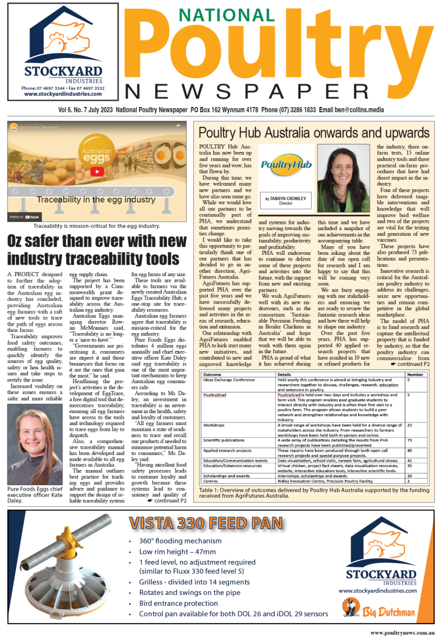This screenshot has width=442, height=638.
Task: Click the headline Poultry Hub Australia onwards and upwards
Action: coord(314,133)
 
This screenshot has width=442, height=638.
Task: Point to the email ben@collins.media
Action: coord(376,109)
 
